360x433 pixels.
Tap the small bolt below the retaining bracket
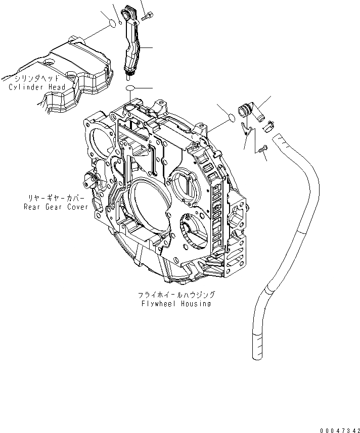click(x=261, y=149)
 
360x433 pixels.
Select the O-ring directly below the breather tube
click(x=130, y=89)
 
